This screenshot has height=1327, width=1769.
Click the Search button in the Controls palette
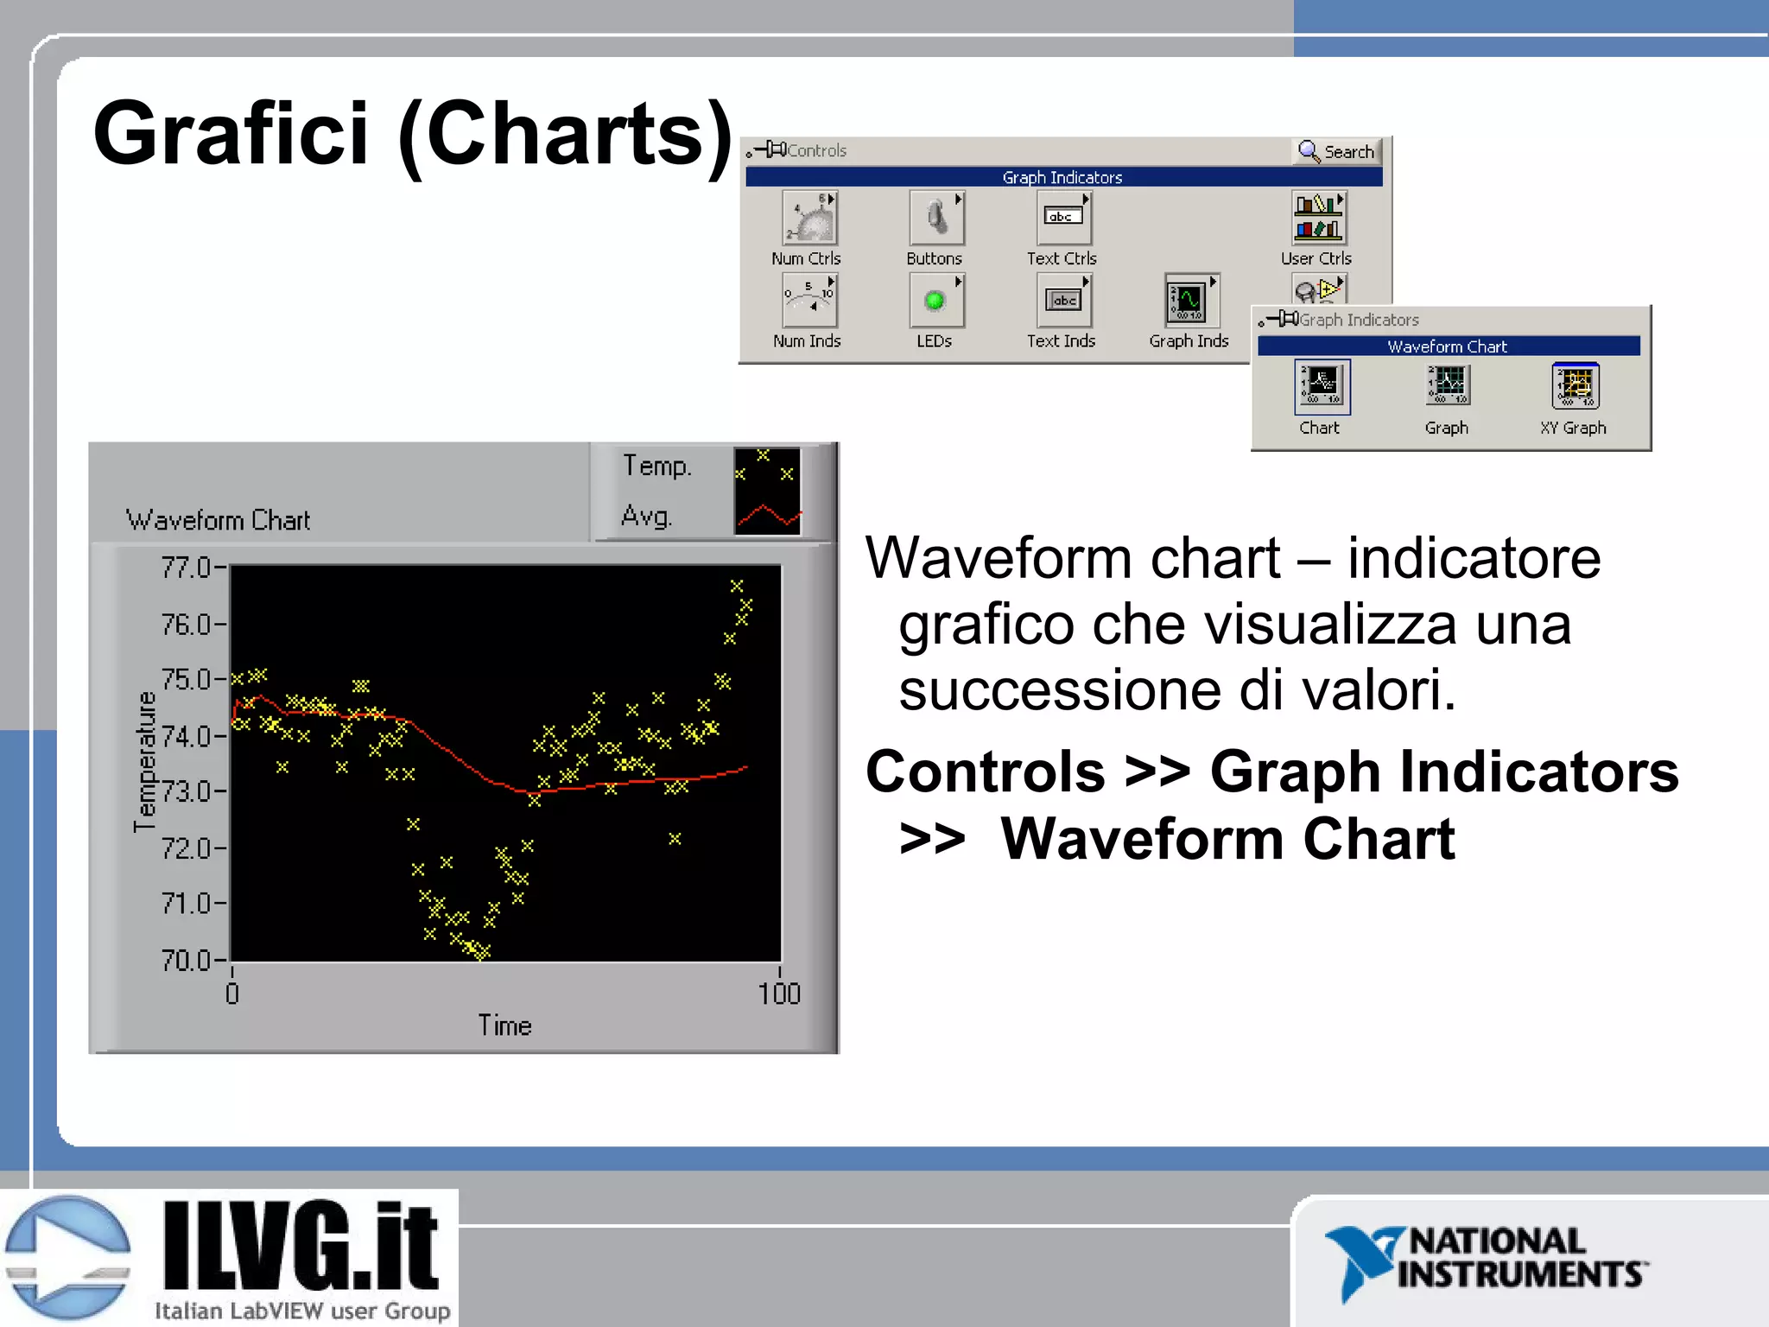point(1337,152)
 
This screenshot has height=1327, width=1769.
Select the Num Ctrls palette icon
point(809,219)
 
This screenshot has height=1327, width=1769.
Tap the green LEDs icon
point(935,301)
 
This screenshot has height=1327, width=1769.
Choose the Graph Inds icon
point(1189,301)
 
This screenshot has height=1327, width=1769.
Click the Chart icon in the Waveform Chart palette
point(1322,386)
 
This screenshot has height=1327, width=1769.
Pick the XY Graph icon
point(1575,386)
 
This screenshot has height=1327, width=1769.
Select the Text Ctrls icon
point(1062,219)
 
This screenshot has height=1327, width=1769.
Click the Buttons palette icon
point(935,219)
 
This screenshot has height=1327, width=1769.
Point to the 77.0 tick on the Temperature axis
point(186,568)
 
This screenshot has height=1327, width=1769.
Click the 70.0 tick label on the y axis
point(186,960)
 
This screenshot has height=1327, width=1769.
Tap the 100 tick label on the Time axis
point(779,994)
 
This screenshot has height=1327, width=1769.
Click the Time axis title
point(505,1026)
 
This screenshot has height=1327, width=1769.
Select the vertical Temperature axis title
point(145,761)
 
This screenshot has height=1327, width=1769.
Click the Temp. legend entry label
point(657,467)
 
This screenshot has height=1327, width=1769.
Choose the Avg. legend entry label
point(646,517)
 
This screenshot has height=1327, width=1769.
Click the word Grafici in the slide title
point(231,134)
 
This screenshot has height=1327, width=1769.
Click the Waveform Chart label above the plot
point(218,520)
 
